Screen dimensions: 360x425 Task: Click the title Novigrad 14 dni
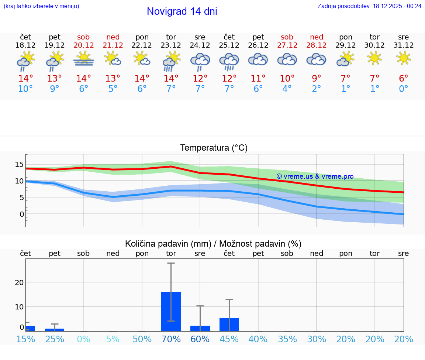182,11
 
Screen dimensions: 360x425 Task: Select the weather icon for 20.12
84,59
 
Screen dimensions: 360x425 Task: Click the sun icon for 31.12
403,58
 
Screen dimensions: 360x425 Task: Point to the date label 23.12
171,45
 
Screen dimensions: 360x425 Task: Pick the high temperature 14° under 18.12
25,79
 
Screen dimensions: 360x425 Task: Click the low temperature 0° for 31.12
403,89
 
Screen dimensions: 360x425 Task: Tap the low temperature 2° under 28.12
316,89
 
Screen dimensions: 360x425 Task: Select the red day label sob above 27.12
287,37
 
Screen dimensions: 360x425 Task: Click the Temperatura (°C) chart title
214,148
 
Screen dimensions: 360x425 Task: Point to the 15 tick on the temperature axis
19,164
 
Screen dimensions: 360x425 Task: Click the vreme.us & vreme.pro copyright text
315,176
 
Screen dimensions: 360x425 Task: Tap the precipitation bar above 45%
229,324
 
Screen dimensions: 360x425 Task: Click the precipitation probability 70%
171,339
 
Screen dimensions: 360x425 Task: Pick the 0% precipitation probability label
84,339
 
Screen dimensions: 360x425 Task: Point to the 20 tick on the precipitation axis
19,282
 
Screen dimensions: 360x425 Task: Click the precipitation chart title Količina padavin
213,244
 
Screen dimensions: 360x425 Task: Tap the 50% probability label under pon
142,339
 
